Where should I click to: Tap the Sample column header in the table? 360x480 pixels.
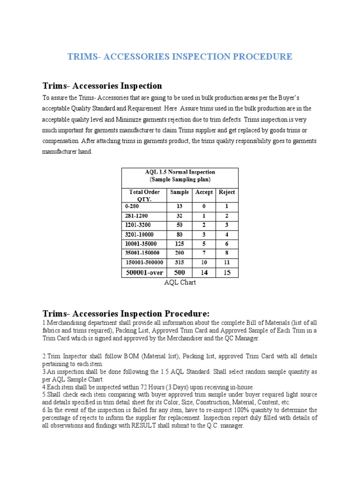click(x=180, y=192)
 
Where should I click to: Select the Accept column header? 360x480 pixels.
click(x=204, y=192)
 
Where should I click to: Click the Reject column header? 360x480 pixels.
click(x=227, y=192)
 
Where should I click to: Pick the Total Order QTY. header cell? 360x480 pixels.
click(x=144, y=195)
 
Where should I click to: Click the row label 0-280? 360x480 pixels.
click(x=132, y=206)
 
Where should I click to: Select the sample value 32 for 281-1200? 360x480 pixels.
click(x=180, y=216)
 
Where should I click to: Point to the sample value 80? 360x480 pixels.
click(x=180, y=234)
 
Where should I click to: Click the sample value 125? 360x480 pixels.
click(x=180, y=244)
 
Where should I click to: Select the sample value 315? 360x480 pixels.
click(x=180, y=262)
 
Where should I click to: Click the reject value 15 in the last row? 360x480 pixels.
click(x=227, y=272)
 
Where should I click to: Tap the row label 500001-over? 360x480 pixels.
click(x=144, y=272)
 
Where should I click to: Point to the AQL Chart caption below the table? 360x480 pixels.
click(x=180, y=283)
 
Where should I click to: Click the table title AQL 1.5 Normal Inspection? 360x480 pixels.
click(x=180, y=172)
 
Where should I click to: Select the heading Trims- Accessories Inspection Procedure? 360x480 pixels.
click(x=126, y=313)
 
